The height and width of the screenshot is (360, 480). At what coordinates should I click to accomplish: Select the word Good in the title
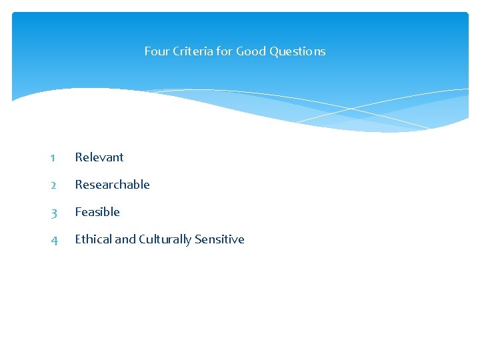point(251,51)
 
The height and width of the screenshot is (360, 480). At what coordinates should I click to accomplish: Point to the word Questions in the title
point(297,51)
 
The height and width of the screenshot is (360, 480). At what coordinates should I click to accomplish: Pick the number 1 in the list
point(52,158)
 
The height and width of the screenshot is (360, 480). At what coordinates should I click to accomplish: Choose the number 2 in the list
point(53,185)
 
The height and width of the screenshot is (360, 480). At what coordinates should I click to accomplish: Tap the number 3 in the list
point(53,213)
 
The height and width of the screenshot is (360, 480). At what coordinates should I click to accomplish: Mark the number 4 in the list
point(53,240)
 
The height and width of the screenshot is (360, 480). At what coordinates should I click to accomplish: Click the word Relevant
point(99,157)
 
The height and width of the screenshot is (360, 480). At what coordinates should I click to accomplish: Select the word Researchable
point(112,185)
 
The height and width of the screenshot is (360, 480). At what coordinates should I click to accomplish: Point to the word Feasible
point(97,212)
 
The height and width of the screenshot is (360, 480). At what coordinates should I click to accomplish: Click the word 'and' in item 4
point(125,239)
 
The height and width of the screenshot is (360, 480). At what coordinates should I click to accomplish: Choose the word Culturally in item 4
point(165,239)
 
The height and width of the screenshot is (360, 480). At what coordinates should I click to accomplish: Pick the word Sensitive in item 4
point(219,239)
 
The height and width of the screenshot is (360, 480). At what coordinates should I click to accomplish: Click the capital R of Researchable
point(79,185)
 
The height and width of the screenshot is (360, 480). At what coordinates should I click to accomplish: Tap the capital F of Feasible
point(78,212)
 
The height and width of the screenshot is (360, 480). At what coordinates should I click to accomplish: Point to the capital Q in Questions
point(274,51)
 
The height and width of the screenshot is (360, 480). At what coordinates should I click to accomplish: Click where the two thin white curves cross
point(353,109)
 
